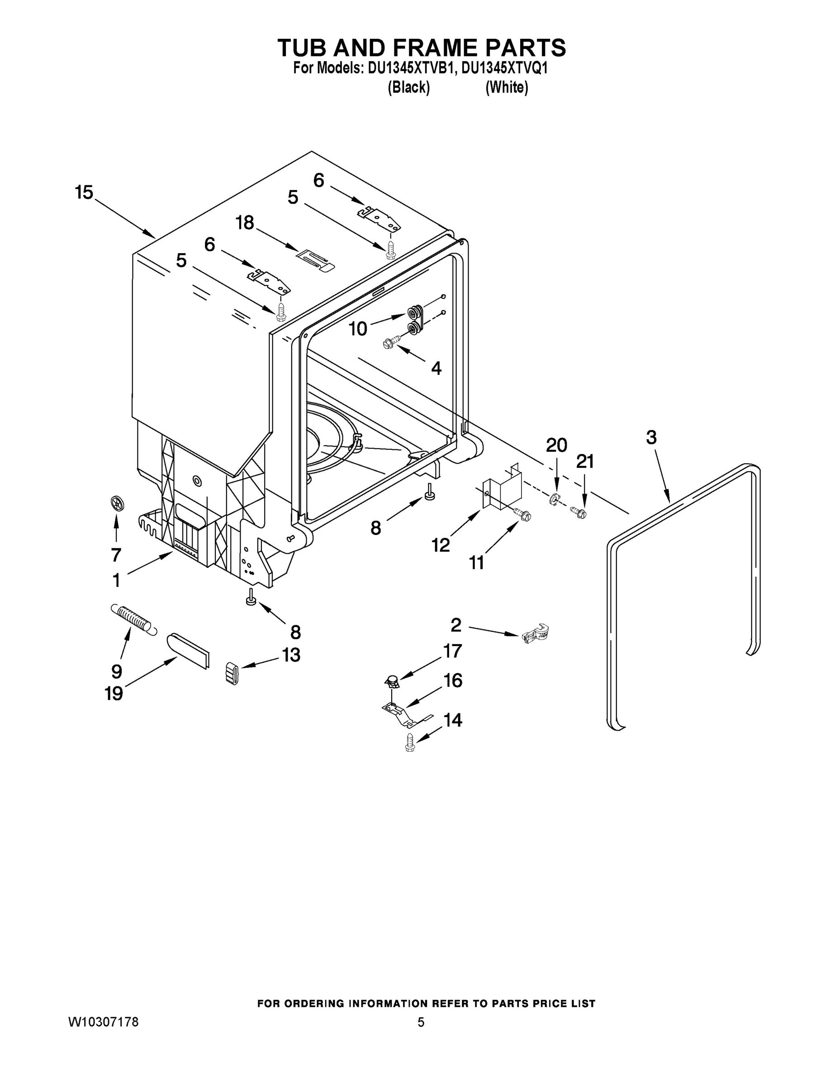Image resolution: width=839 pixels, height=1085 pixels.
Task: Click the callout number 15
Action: [x=84, y=192]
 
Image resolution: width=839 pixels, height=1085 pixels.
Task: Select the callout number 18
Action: [x=245, y=222]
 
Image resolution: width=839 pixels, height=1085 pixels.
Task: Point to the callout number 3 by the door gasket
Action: [x=651, y=437]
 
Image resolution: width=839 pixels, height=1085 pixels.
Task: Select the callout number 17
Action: [x=452, y=651]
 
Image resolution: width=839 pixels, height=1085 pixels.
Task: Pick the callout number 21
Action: [x=585, y=462]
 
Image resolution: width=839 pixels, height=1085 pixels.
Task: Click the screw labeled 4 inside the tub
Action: [x=392, y=342]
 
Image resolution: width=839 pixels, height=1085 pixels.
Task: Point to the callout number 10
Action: [x=357, y=328]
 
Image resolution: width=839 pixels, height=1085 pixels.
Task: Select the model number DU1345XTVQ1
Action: [x=504, y=69]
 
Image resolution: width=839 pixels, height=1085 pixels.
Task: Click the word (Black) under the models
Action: [x=408, y=87]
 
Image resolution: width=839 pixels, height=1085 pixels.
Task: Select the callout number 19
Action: [x=114, y=693]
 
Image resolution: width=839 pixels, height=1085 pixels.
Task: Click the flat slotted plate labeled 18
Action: [x=315, y=260]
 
